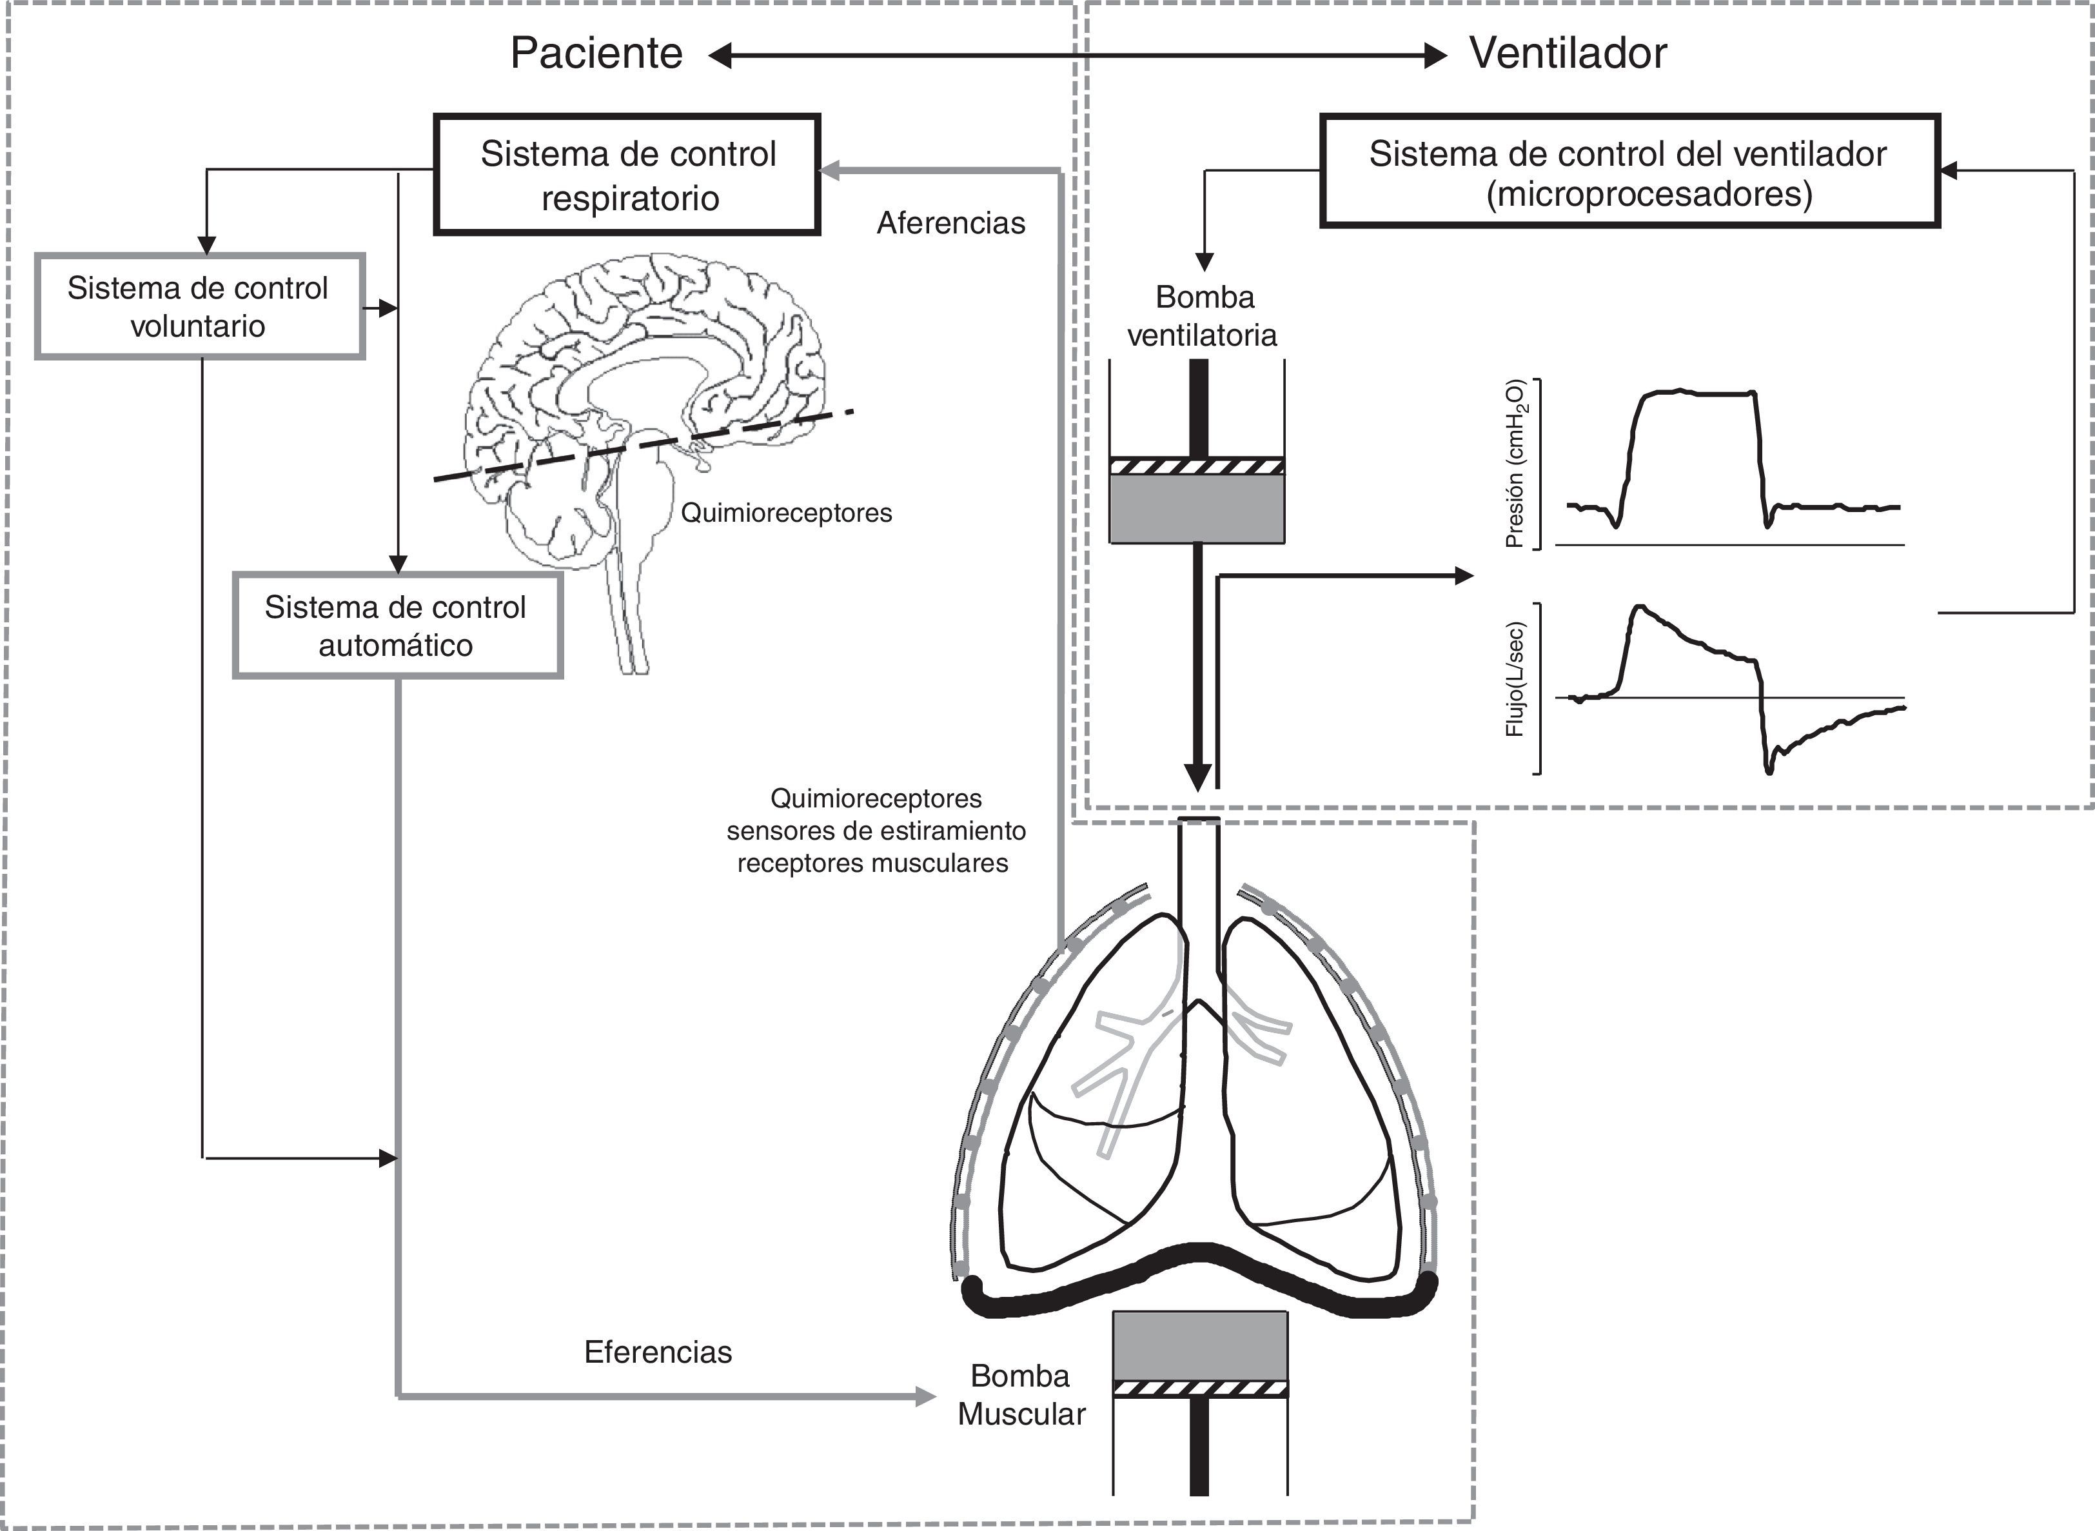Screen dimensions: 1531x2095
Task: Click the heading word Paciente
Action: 596,54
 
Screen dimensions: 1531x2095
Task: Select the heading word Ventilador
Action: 1568,54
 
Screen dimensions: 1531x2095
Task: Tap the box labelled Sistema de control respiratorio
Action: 627,174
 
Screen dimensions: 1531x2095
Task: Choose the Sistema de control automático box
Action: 397,626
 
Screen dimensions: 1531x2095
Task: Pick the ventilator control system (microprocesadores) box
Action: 1628,172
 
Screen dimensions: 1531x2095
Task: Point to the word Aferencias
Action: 950,223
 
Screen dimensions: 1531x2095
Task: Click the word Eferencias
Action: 658,1352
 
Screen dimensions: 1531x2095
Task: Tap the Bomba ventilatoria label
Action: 1203,316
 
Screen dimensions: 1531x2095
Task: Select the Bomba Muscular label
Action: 1021,1395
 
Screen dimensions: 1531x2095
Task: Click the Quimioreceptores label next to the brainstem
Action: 786,513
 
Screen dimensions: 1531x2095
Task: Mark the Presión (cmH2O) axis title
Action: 1515,464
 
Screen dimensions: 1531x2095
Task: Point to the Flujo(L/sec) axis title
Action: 1515,678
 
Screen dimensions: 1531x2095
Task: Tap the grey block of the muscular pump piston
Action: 1200,1345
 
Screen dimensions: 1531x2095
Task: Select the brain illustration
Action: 649,408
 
